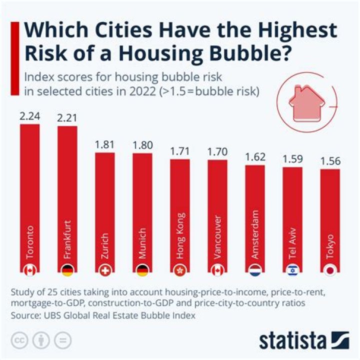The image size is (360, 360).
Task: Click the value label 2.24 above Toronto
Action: [29, 116]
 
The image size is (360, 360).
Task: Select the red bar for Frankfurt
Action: [67, 200]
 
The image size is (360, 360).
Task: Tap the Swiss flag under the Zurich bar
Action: [105, 270]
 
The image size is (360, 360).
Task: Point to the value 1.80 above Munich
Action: [142, 145]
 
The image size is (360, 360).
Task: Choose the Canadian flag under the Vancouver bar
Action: [217, 270]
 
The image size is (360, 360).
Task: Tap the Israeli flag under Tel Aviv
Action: [292, 270]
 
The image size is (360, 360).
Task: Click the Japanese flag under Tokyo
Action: [330, 270]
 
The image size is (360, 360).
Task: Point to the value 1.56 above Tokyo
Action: [330, 161]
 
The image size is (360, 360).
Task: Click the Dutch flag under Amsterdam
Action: [255, 270]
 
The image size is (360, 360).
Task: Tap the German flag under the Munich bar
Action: [142, 270]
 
